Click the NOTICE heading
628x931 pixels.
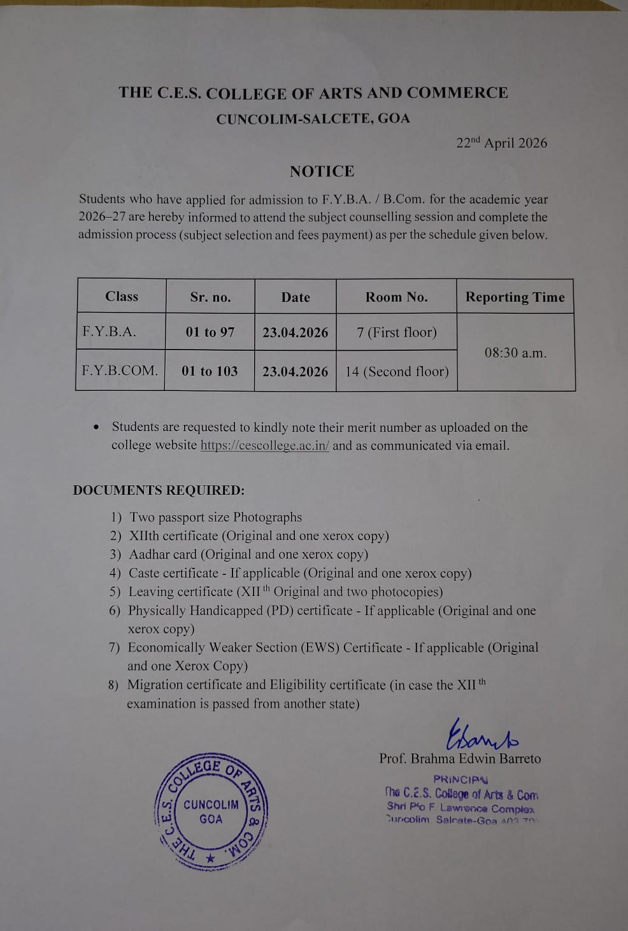pos(322,171)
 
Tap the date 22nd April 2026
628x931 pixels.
pos(501,143)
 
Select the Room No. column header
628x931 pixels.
pos(396,297)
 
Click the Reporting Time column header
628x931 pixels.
pos(515,297)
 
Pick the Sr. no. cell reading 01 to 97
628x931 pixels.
pos(210,332)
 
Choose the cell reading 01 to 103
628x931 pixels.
pos(210,371)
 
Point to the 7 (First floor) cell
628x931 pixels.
pos(396,332)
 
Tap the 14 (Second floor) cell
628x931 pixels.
pos(396,371)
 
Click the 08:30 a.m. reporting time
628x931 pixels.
pos(515,352)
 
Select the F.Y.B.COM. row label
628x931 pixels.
pos(120,370)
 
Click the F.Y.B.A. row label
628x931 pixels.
pos(109,331)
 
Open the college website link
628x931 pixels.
pos(264,445)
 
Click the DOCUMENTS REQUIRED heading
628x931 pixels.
pos(159,490)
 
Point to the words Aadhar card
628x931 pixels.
pos(162,554)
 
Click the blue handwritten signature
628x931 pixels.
pos(482,736)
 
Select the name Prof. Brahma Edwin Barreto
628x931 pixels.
pos(459,758)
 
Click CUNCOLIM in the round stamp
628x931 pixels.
pos(211,804)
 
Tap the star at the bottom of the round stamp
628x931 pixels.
pos(210,859)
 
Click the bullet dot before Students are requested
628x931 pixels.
pos(96,427)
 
